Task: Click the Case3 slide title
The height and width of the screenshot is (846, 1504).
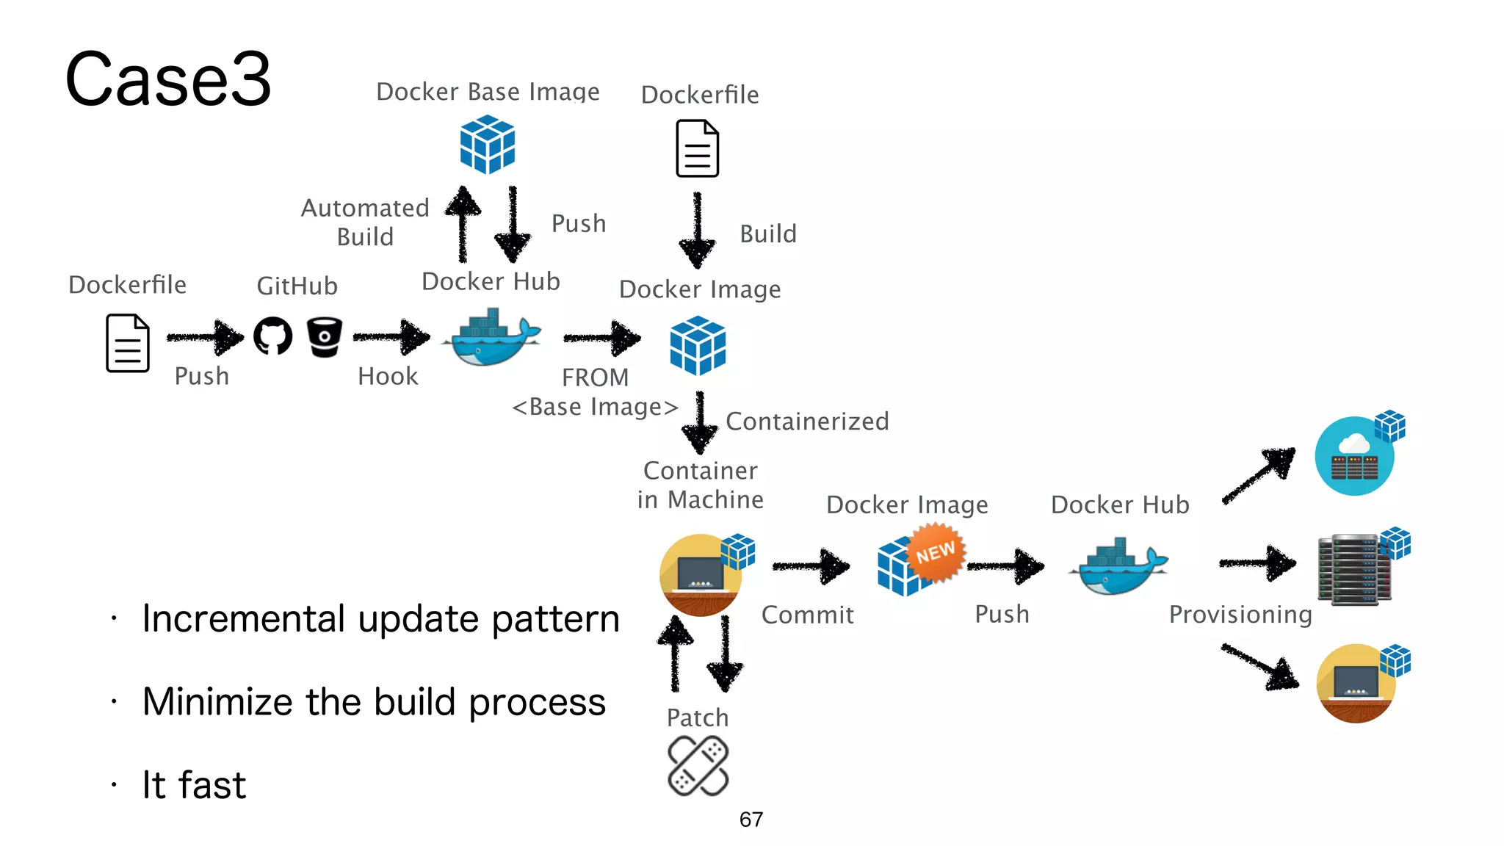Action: point(168,79)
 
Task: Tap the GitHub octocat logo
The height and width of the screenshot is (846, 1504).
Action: point(272,336)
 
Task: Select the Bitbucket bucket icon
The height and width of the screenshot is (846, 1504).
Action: point(324,337)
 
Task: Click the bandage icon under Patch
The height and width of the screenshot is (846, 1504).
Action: point(698,766)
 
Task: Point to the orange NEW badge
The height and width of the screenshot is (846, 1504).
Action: point(935,552)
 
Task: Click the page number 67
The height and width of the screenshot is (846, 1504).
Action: point(751,820)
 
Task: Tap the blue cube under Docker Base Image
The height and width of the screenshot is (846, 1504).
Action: point(487,145)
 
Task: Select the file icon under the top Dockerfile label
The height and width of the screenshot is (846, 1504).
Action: point(697,149)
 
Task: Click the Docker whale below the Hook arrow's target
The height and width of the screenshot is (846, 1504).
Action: point(491,339)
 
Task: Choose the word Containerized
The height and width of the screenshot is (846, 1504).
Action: point(807,422)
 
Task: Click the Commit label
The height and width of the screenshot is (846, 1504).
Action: point(807,615)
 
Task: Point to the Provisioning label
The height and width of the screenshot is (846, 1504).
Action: point(1240,615)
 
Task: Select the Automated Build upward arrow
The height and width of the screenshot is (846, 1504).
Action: point(463,223)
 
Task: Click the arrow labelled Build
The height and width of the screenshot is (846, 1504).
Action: point(697,231)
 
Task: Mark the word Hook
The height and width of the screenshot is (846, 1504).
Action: point(388,377)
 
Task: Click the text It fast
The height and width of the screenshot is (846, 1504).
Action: point(194,784)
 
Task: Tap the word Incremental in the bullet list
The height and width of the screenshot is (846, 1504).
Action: point(243,618)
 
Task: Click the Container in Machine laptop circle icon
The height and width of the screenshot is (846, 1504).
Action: point(700,574)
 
